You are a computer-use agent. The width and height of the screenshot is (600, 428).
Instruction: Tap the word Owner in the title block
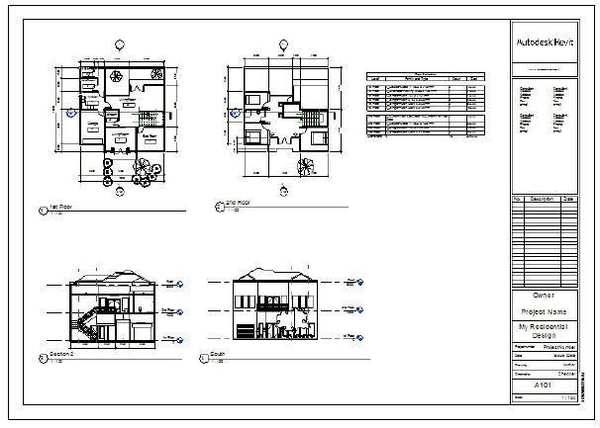(544, 296)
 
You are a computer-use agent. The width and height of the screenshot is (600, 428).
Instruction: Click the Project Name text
(544, 312)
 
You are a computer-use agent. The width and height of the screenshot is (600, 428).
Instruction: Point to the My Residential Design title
(544, 331)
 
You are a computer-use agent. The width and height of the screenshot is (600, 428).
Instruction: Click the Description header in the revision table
(541, 199)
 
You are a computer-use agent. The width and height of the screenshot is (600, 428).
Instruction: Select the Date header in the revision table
(567, 199)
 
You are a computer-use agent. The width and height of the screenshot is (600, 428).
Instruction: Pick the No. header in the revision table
(517, 199)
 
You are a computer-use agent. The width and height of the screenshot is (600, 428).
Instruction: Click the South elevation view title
(219, 354)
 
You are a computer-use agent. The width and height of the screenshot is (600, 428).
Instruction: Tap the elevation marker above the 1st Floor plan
(120, 43)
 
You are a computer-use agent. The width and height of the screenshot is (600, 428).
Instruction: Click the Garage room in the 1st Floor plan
(92, 126)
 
